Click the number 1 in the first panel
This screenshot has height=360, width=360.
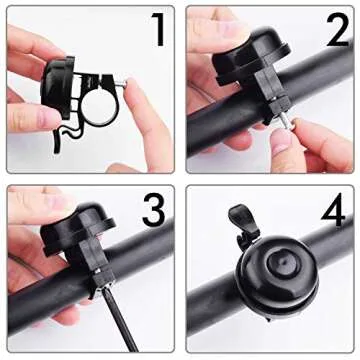pos(157,32)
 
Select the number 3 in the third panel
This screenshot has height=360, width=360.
pos(153,210)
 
